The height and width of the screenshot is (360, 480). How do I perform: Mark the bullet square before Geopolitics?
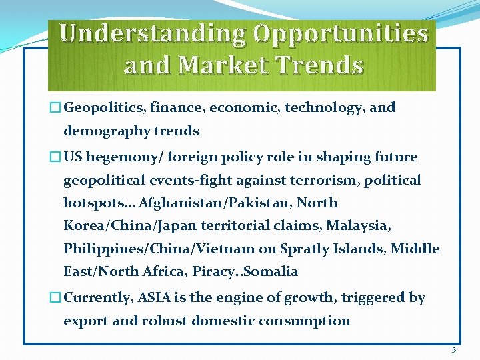(x=55, y=108)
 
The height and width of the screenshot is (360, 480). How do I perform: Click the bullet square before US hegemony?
(x=55, y=158)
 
